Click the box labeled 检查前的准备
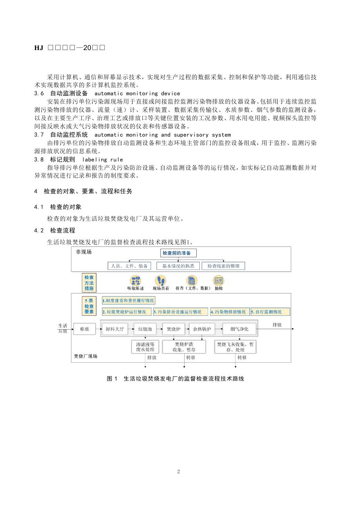(179, 253)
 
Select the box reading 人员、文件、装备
(129, 266)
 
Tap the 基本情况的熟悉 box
(178, 266)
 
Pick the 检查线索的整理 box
(223, 266)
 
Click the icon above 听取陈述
(135, 280)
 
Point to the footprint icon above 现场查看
(161, 280)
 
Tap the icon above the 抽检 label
(218, 280)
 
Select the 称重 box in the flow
(84, 329)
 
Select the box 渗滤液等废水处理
(145, 347)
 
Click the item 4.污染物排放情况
(229, 312)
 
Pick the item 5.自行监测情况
(270, 312)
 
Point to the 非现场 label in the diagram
(84, 252)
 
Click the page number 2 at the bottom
(178, 472)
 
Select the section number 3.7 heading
(39, 135)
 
